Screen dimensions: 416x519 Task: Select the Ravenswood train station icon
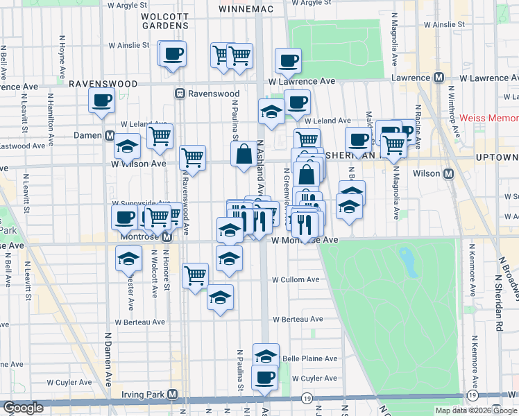tap(179, 94)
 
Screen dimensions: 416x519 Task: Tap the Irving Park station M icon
tap(173, 395)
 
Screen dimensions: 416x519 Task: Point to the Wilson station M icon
tap(448, 173)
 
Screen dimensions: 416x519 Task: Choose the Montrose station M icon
tap(167, 237)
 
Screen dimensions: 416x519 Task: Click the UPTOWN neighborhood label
tap(497, 158)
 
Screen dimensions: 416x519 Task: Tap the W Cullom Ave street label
tap(296, 279)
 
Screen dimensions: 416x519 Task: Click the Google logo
tap(23, 408)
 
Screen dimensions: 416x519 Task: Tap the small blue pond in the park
tap(405, 261)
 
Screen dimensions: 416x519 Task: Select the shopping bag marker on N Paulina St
tap(244, 155)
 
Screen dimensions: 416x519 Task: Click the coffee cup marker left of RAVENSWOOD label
tap(101, 100)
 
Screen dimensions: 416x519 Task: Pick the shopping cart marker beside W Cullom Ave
tap(195, 275)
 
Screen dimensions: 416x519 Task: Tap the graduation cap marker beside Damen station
tap(127, 146)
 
